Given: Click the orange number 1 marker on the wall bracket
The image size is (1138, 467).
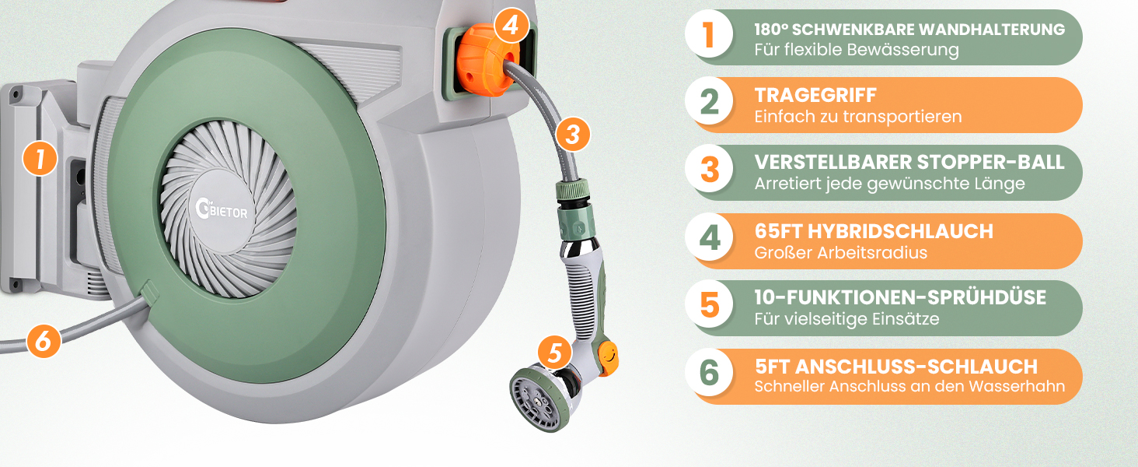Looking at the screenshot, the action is tap(40, 158).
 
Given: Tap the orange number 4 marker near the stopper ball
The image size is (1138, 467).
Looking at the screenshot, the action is tap(511, 24).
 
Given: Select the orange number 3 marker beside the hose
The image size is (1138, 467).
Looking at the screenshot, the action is tap(573, 135).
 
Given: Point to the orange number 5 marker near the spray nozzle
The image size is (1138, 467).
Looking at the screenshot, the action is tap(555, 353).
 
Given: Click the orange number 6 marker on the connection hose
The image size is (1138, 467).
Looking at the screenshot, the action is tap(44, 340).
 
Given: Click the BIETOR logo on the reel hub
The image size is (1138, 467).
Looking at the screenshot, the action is tap(222, 209).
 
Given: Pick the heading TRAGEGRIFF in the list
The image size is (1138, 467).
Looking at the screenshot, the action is tap(815, 95).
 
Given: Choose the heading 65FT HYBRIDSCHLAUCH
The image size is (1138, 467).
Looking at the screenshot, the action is tap(874, 231).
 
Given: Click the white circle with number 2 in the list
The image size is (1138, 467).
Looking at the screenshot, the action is tap(709, 100).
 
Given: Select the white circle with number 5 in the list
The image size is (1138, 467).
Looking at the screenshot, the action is tap(709, 304).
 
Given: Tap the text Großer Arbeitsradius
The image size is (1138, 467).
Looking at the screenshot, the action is tap(841, 253).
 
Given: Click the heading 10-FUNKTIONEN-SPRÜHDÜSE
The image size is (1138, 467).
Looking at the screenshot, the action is tap(900, 297).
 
